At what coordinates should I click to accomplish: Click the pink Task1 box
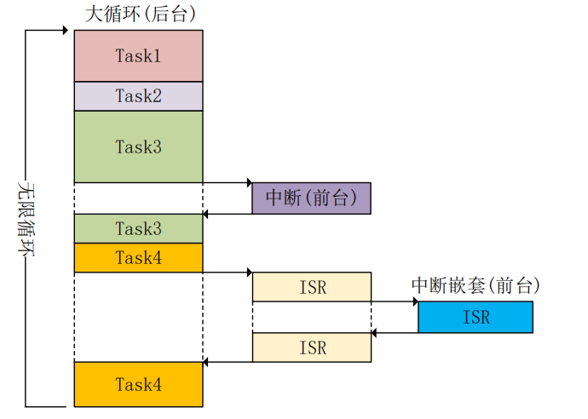138,55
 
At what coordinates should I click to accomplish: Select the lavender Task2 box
138,95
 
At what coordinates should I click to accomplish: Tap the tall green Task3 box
138,146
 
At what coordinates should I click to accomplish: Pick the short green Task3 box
138,228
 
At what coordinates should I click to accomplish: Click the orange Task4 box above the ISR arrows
138,257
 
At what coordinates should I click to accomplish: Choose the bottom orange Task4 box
138,384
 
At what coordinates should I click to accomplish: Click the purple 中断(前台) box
311,198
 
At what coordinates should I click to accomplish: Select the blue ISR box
476,317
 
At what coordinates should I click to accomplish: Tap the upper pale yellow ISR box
312,287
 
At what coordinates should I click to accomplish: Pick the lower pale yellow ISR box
312,347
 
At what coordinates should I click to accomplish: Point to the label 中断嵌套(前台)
476,285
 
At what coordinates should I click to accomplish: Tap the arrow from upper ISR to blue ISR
395,301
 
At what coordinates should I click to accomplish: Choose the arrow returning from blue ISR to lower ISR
395,332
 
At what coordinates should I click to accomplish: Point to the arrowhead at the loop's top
64,31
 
